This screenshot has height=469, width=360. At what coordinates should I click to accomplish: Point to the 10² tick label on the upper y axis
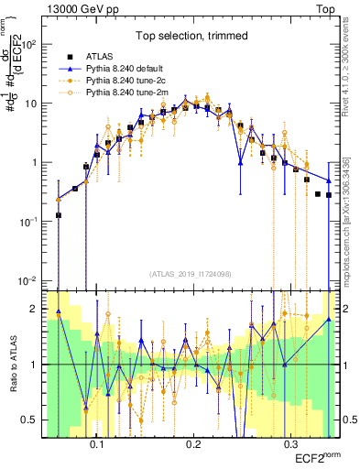35,44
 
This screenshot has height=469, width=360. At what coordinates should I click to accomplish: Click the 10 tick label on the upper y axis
37,104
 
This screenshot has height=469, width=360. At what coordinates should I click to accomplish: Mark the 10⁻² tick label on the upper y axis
35,281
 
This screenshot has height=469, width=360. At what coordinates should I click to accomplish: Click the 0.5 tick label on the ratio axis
35,420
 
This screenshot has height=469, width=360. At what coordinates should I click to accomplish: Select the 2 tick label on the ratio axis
39,309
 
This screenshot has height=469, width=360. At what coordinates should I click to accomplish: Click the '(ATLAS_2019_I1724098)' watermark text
191,274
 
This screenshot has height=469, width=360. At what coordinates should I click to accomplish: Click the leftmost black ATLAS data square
59,215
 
